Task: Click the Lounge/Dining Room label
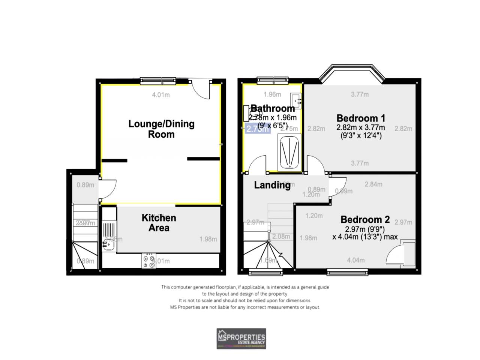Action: (161, 129)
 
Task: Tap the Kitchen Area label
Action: (159, 223)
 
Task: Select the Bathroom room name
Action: (273, 108)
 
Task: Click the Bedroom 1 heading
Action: (361, 118)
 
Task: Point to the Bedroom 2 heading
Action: (365, 219)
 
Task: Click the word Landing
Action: (272, 185)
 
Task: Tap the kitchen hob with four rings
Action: (149, 261)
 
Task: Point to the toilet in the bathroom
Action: (249, 112)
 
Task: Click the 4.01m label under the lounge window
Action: (161, 95)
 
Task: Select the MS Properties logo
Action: (241, 339)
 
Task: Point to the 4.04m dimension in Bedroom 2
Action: (356, 260)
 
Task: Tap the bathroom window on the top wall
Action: (273, 79)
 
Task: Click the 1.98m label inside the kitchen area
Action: (208, 239)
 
